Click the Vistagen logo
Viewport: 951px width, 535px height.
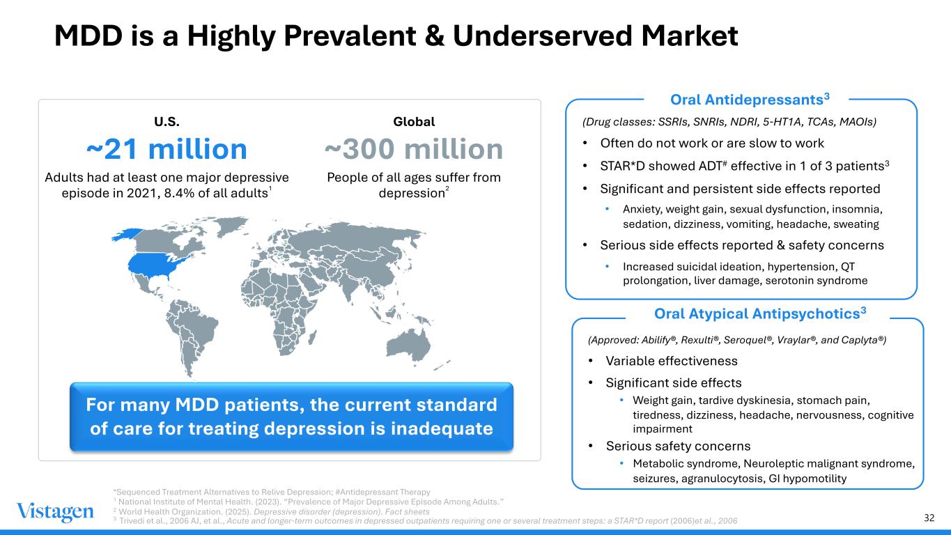pos(55,512)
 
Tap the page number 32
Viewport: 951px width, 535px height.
pos(929,518)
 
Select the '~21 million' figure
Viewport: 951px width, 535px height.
pos(167,149)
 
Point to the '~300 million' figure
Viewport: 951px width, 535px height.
pos(414,149)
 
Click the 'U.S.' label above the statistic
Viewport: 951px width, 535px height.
pos(167,121)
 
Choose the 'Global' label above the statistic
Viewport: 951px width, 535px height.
pos(414,121)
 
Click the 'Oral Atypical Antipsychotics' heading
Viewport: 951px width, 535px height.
pos(759,314)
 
